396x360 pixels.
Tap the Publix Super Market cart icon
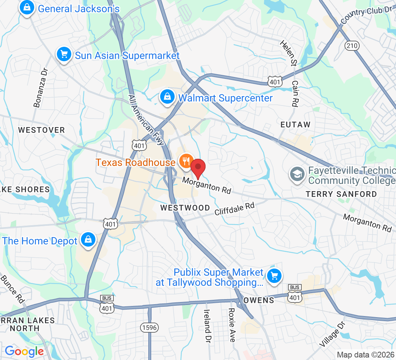tap(274, 276)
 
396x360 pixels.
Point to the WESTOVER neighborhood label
tap(42, 130)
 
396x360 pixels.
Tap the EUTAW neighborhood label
tap(295, 125)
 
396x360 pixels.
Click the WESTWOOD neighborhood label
tap(185, 208)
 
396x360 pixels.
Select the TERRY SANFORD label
tap(341, 194)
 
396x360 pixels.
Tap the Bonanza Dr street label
tap(40, 89)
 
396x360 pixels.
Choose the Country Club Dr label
tap(365, 15)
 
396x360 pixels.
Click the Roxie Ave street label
tap(232, 325)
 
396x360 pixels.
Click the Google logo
tap(24, 351)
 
